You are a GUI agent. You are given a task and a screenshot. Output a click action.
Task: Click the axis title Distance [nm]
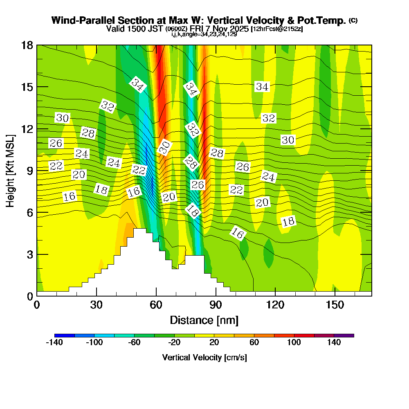point(204,319)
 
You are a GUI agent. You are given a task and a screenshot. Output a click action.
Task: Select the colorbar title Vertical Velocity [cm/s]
point(204,357)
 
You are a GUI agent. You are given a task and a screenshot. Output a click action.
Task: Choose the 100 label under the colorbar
point(294,343)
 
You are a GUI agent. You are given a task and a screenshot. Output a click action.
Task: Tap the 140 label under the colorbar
point(334,343)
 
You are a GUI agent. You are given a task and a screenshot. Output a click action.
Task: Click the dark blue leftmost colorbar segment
point(64,335)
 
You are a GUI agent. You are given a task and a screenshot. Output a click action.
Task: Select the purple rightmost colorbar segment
point(344,335)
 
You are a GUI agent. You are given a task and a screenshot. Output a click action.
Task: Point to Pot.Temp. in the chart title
point(323,20)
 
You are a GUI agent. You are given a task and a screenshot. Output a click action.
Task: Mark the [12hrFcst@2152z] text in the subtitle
point(277,29)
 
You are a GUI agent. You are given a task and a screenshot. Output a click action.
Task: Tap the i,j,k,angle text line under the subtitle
point(204,34)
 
